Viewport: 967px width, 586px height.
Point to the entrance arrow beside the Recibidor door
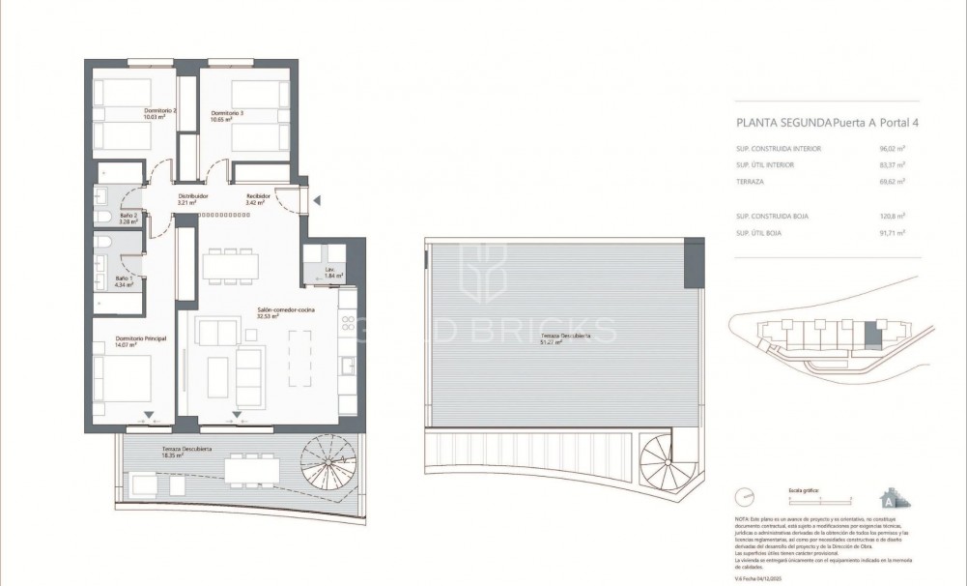click(315, 200)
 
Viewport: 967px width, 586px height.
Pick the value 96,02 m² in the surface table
click(903, 149)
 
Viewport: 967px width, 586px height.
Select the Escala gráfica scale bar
click(820, 498)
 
